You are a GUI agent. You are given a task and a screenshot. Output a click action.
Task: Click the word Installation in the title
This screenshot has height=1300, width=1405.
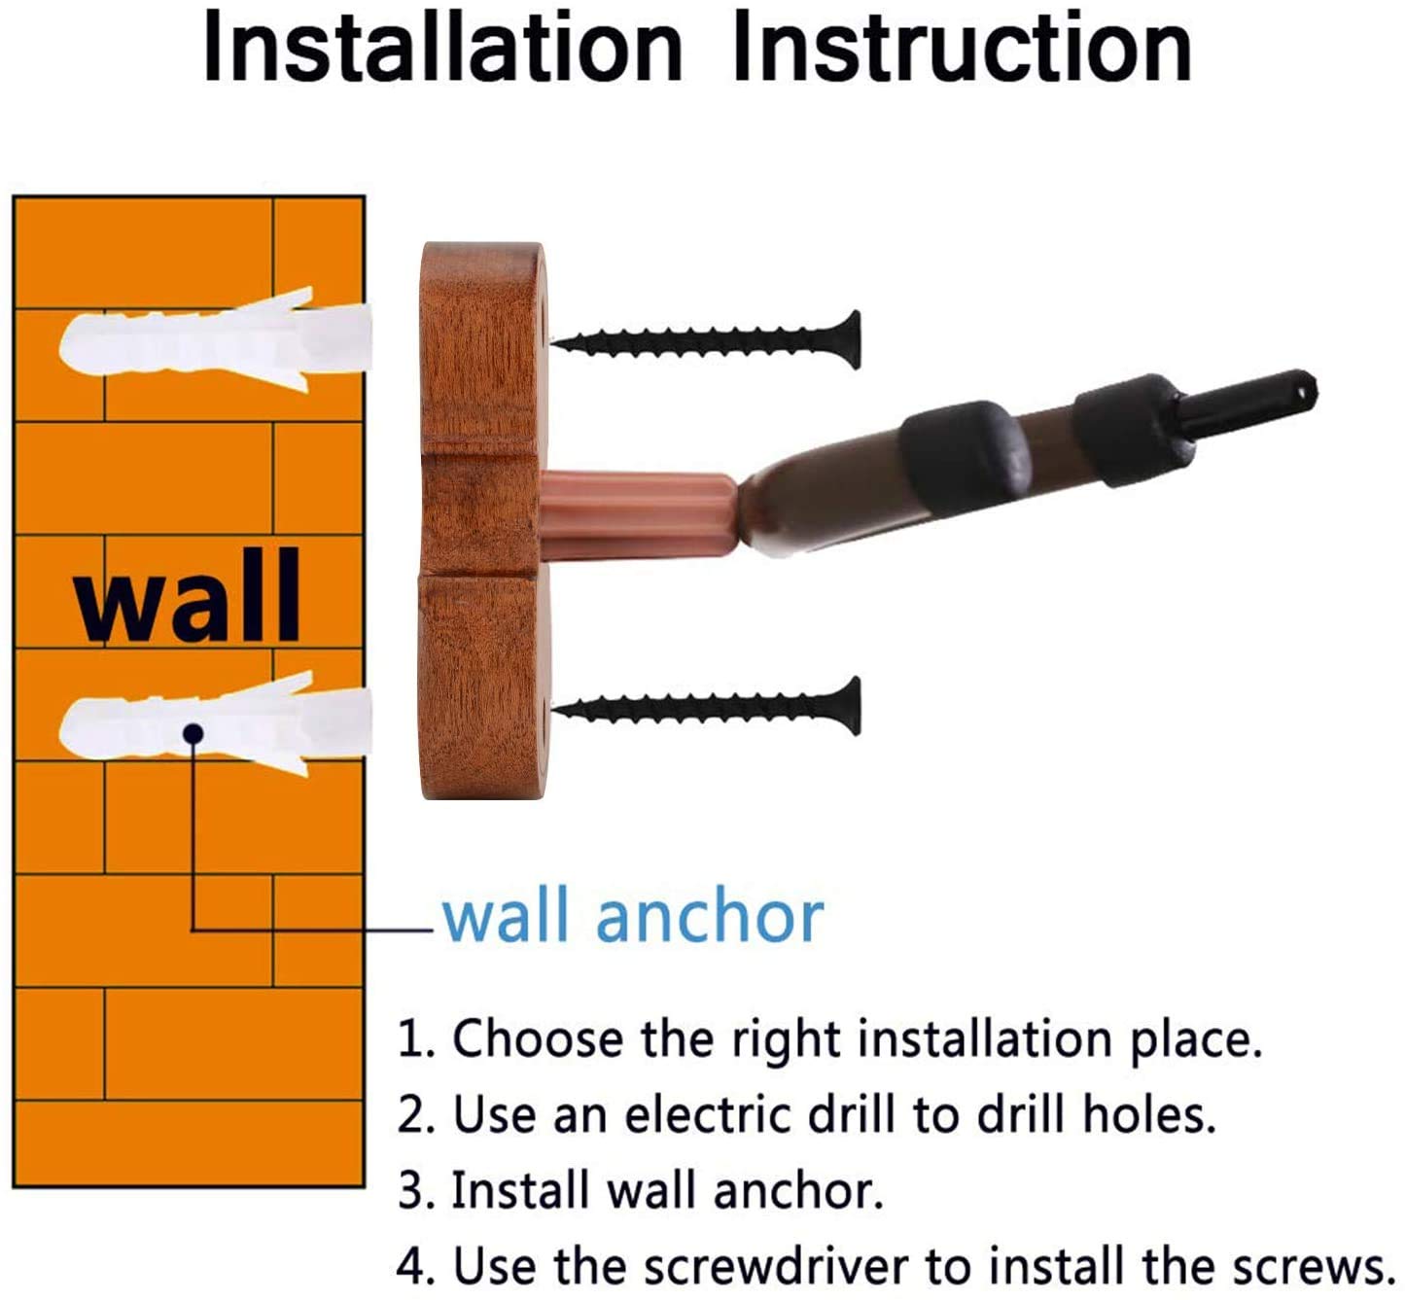(442, 48)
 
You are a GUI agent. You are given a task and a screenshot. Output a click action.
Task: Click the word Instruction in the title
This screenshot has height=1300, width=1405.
(963, 48)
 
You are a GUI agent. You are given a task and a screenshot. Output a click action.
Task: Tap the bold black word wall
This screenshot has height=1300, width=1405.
(189, 596)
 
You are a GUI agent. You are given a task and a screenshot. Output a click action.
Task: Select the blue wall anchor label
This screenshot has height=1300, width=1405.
(632, 917)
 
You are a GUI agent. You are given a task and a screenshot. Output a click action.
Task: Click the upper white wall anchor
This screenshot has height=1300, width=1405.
(215, 339)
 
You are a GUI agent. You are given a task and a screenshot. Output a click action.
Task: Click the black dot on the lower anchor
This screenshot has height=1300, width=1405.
(193, 734)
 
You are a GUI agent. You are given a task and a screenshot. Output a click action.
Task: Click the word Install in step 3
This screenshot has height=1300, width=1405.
(520, 1190)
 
